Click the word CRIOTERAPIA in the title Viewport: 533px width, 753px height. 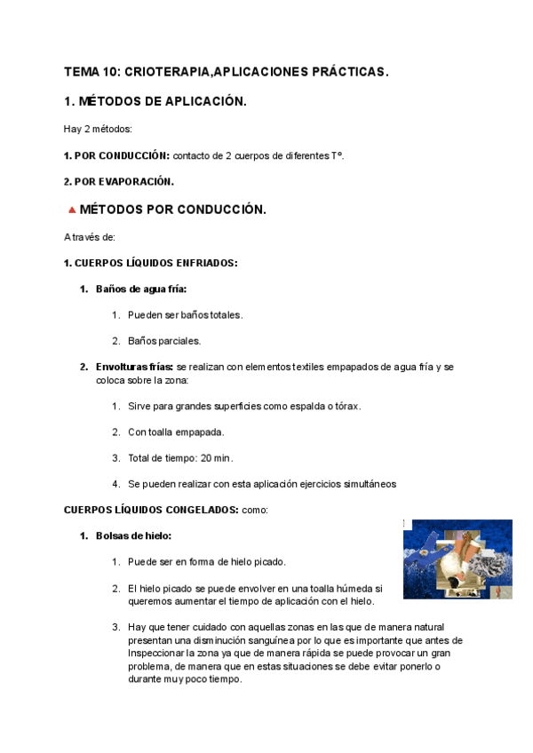click(x=174, y=71)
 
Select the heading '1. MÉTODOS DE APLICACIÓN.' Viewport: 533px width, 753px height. click(x=155, y=101)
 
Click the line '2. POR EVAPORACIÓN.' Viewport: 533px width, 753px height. click(x=119, y=182)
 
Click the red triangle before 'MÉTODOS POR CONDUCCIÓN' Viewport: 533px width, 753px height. click(x=71, y=210)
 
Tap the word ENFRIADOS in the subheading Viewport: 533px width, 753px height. click(x=205, y=263)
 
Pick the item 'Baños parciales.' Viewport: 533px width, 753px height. click(x=164, y=340)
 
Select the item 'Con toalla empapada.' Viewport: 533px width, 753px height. click(x=176, y=432)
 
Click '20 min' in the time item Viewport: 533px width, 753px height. click(x=216, y=457)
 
